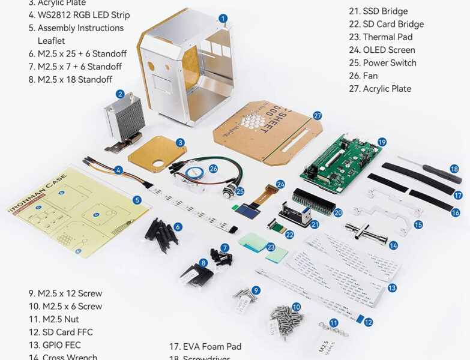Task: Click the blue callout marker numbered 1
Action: click(223, 19)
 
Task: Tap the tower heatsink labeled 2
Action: click(125, 121)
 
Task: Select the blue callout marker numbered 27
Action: click(318, 116)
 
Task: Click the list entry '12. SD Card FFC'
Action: click(61, 332)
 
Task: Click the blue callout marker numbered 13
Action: click(392, 288)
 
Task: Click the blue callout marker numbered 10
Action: click(296, 307)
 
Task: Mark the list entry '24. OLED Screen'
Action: click(389, 50)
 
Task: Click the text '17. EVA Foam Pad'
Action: click(205, 346)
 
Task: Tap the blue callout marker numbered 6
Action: click(178, 227)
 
